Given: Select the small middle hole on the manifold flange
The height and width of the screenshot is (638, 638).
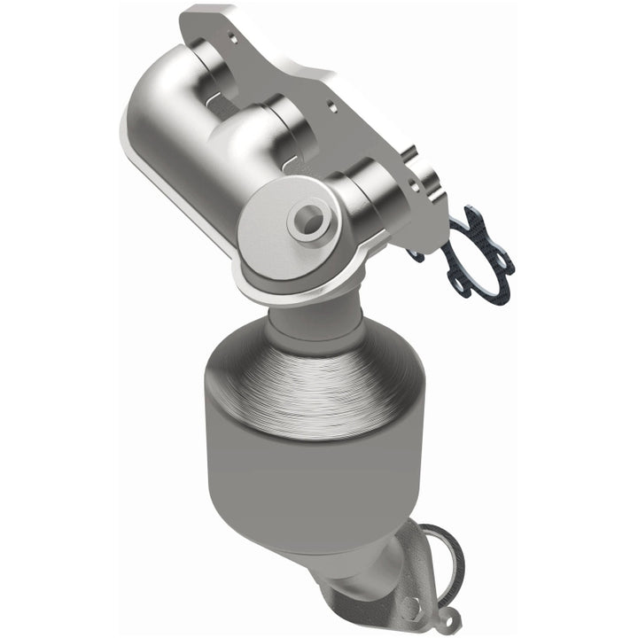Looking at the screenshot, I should pos(330,104).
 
